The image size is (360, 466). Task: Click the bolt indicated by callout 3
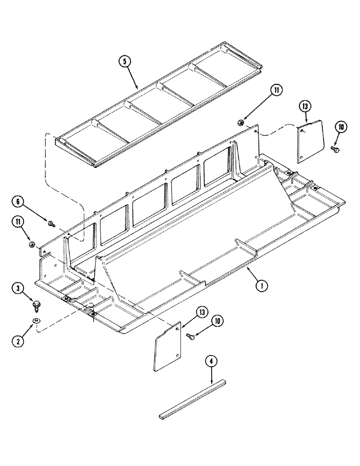[x=35, y=305]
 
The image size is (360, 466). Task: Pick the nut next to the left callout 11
[x=32, y=244]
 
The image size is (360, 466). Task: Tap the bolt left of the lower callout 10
[x=190, y=336]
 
